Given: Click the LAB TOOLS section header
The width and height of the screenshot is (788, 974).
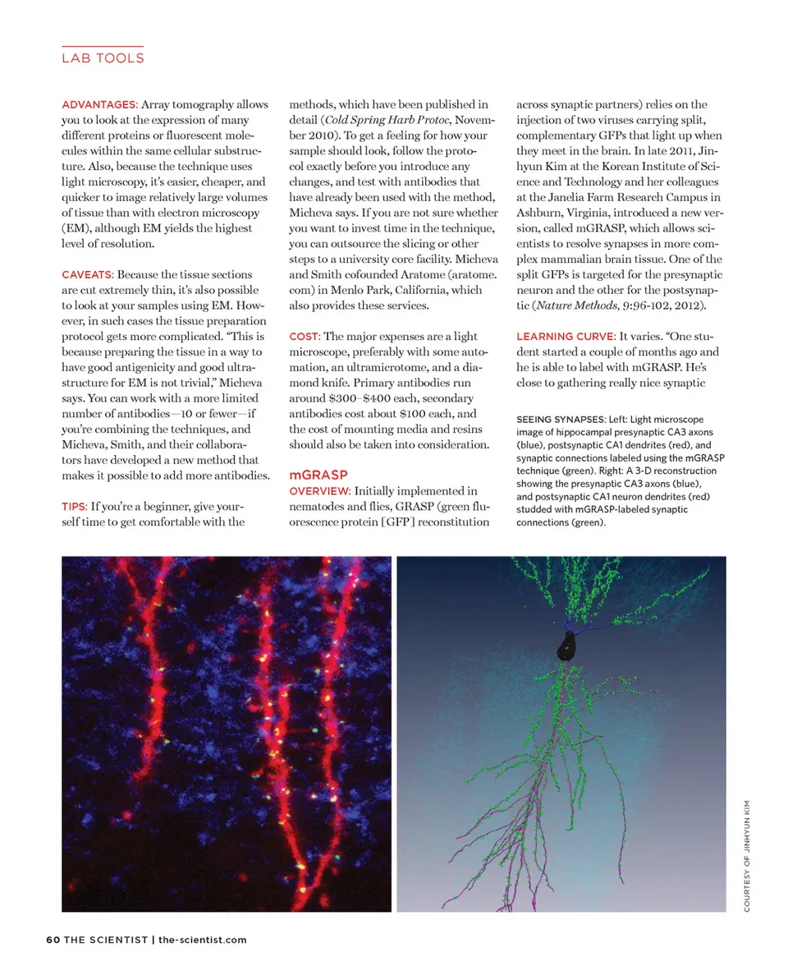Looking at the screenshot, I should point(103,58).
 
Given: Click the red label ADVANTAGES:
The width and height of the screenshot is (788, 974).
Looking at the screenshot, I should point(99,105).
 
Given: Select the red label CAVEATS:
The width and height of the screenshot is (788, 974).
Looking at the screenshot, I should point(89,274).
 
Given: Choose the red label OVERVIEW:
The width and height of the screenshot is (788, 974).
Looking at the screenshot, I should point(320,490).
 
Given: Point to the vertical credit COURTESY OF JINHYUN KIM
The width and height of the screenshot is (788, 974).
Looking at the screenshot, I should point(748,854).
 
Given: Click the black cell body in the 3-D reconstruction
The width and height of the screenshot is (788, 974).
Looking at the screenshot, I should point(566,646).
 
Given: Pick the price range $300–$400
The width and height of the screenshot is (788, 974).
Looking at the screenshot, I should point(345,397).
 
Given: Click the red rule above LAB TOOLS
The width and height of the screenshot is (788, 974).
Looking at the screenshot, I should point(103,46).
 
